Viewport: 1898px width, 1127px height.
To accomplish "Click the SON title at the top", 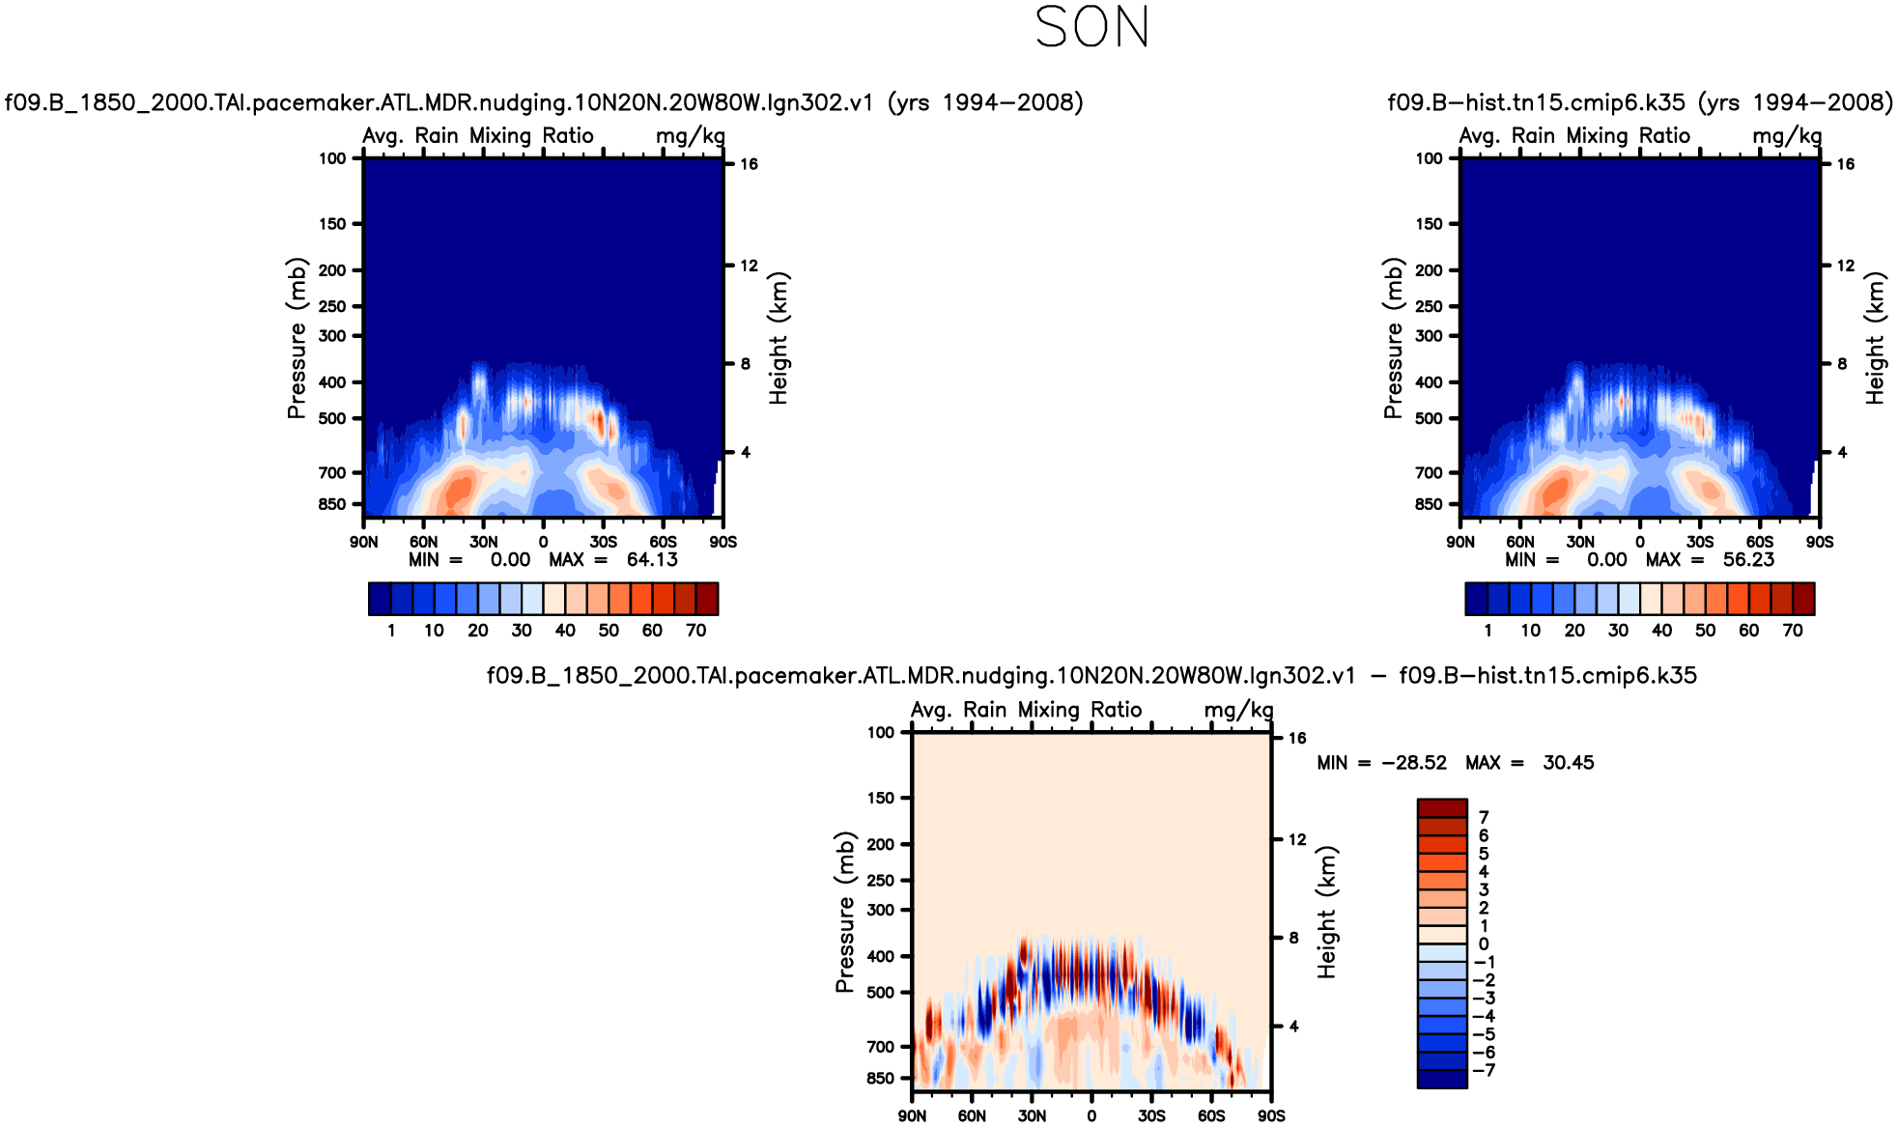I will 1091,27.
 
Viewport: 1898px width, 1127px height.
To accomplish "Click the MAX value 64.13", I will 652,560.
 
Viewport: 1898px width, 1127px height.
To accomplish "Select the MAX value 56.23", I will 1748,560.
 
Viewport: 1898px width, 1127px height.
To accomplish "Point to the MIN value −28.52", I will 1414,763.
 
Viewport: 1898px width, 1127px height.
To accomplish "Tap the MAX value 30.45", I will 1568,763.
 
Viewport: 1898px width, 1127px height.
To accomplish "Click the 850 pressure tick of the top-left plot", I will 332,504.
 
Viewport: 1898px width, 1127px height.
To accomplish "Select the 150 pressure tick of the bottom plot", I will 881,798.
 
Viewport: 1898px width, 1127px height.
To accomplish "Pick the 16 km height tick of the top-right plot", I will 1845,164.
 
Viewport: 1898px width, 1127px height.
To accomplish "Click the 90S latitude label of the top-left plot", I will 722,542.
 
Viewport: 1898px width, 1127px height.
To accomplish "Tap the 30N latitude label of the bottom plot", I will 1032,1116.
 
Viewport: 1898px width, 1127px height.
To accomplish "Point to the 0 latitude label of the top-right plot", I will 1640,542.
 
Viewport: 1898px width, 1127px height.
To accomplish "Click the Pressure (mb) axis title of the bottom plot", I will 845,912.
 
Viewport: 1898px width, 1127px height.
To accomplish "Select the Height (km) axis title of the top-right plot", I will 1875,338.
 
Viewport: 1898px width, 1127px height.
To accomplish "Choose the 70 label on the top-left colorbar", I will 695,631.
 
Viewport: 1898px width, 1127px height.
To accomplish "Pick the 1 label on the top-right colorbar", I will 1487,631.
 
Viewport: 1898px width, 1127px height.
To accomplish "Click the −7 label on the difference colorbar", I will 1485,1070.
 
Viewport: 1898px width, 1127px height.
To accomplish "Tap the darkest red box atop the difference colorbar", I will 1442,808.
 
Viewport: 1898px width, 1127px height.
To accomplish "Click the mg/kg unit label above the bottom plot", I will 1238,711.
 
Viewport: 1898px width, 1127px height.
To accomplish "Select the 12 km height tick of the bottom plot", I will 1296,840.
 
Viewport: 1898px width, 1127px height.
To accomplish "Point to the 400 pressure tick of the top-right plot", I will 1429,382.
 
